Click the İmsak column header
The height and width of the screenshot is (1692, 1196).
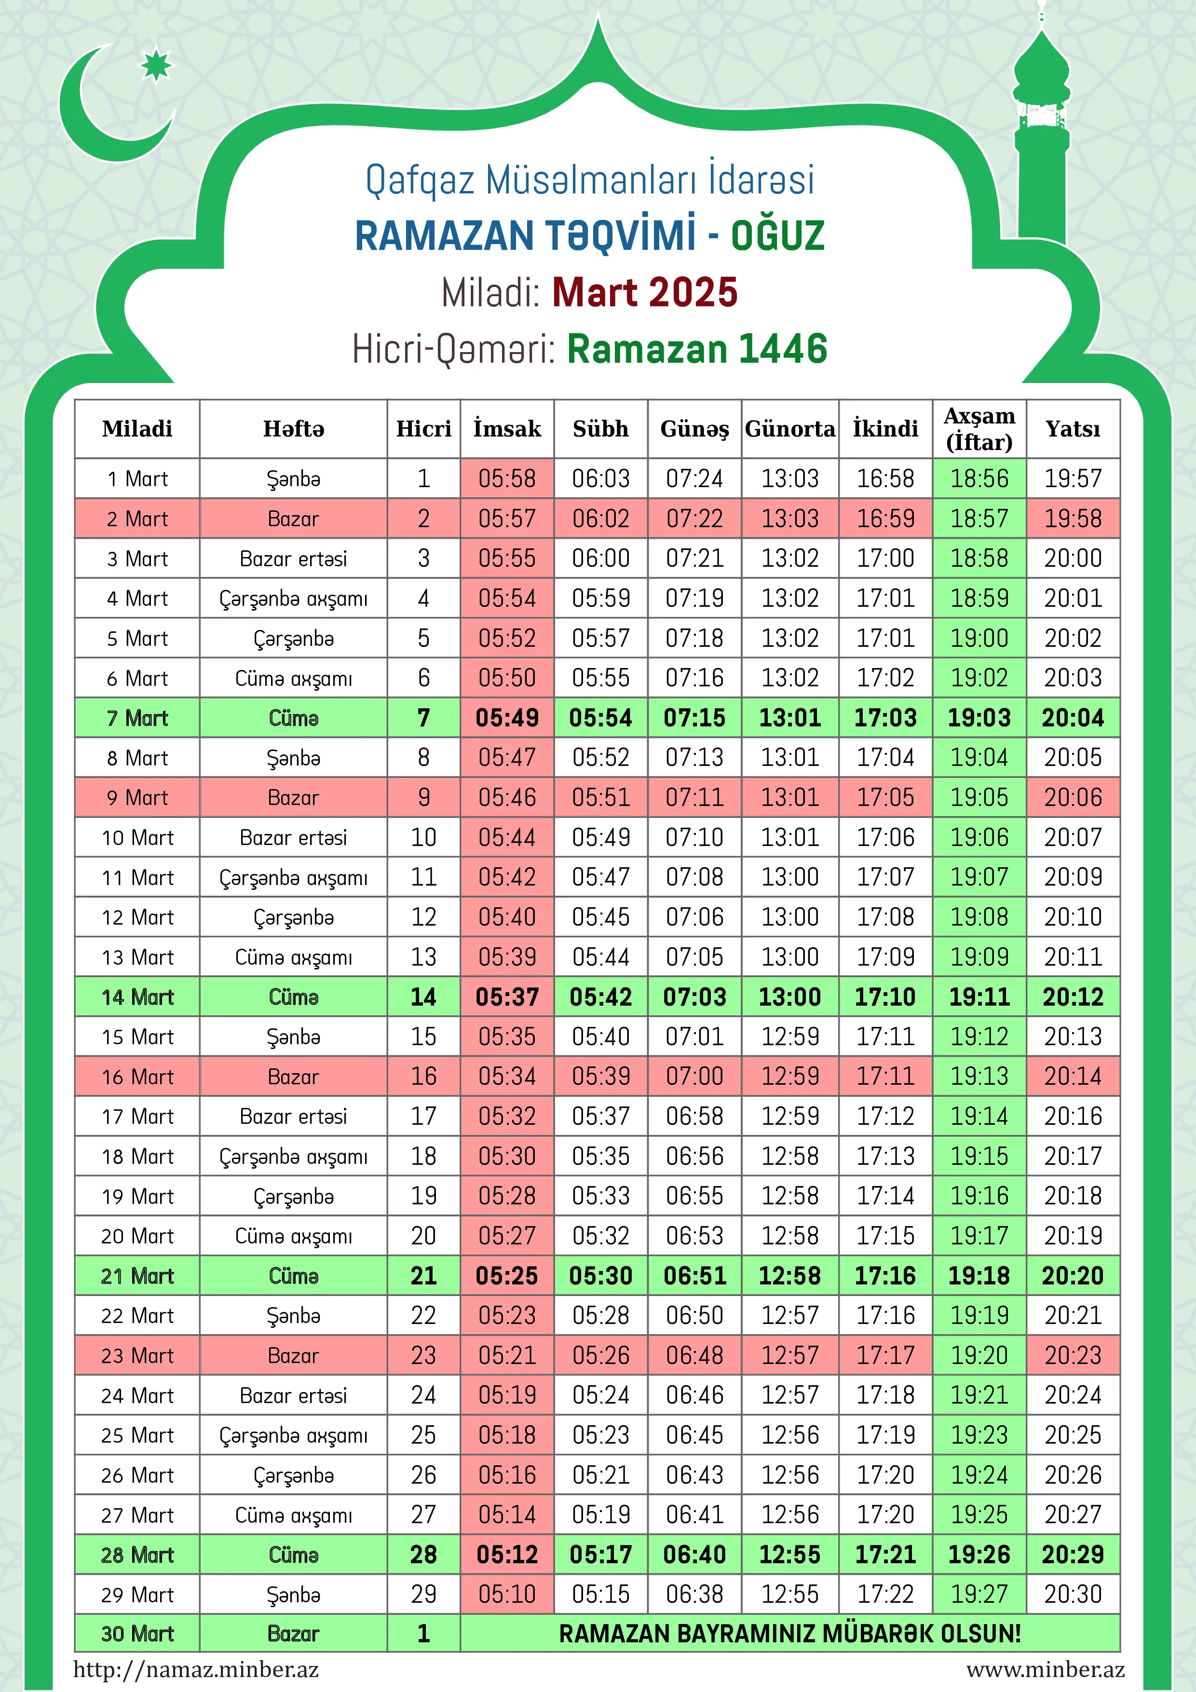coord(507,429)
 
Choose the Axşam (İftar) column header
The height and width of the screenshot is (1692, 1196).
coord(979,429)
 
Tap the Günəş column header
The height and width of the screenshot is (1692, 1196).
coord(694,429)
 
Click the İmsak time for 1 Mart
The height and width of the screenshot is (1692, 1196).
coord(507,478)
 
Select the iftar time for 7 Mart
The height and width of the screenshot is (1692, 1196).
coord(979,718)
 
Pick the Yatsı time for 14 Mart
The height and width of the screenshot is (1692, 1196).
coord(1073,997)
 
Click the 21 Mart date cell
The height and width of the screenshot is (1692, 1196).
coord(137,1276)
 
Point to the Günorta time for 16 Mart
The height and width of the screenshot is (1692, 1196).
coord(790,1077)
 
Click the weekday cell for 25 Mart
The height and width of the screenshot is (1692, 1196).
coord(293,1435)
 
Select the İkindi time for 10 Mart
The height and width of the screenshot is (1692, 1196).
coord(885,837)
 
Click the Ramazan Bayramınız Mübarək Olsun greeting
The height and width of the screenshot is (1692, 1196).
coord(790,1634)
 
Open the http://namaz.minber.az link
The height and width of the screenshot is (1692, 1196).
coord(196,1669)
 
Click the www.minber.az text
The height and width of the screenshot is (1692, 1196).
coord(1045,1669)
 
